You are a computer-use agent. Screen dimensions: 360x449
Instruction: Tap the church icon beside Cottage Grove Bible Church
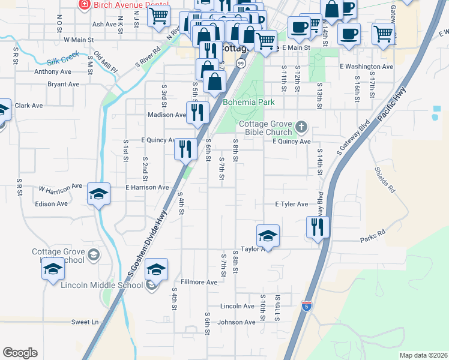click(301, 127)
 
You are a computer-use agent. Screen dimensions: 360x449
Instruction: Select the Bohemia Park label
click(249, 102)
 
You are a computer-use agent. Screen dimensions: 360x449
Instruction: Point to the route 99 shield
click(240, 63)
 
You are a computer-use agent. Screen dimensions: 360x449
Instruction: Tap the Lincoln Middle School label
click(101, 284)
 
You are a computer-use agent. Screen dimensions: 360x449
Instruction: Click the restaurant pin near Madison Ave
click(196, 112)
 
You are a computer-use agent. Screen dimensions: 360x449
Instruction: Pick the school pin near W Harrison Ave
click(99, 194)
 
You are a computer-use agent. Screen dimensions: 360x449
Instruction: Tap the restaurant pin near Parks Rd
click(318, 227)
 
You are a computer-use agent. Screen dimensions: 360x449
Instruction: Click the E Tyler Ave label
click(292, 204)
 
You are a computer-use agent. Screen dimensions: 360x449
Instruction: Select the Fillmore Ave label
click(199, 282)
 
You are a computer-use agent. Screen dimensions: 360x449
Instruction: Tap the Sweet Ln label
click(85, 322)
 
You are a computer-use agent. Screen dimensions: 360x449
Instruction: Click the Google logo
click(20, 353)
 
